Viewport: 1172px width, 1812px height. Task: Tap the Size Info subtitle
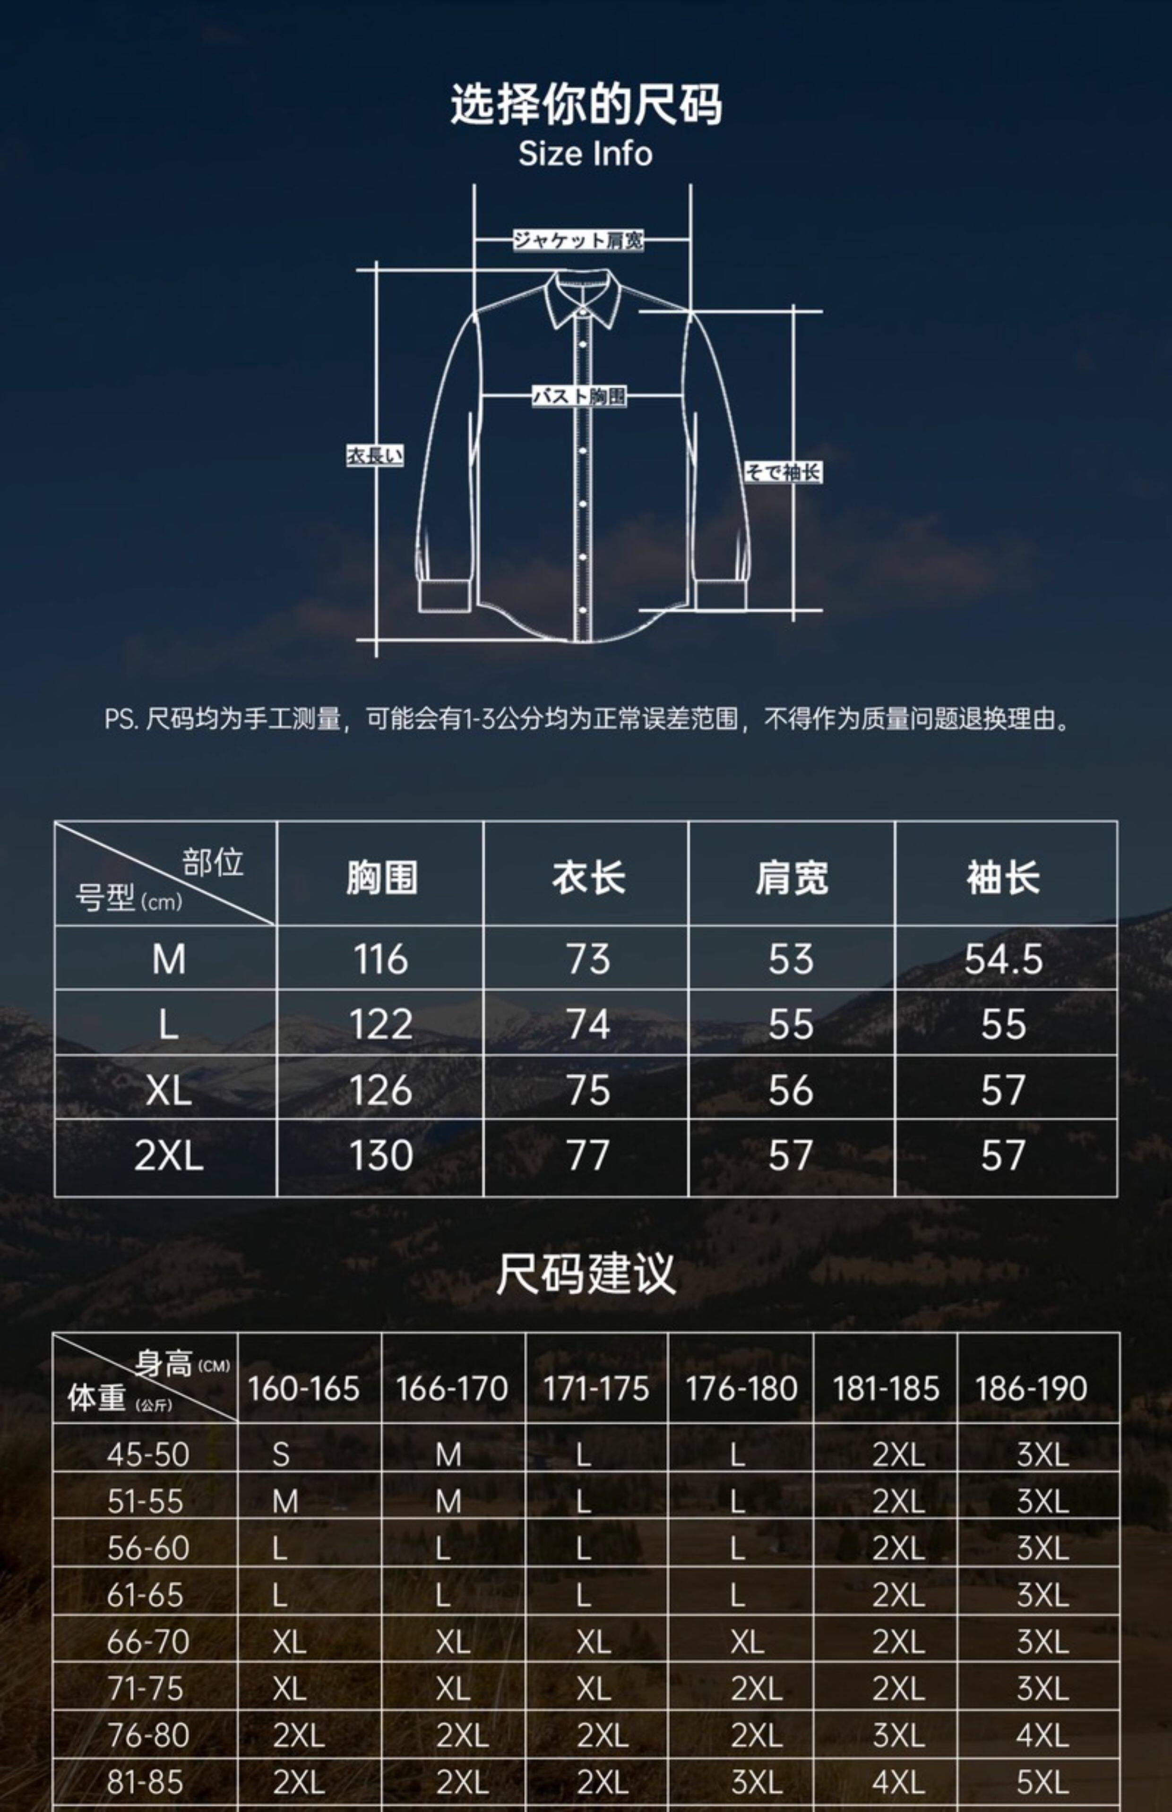coord(585,154)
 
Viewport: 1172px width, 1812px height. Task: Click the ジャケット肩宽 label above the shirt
coord(577,240)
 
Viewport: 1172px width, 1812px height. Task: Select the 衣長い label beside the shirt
coord(374,456)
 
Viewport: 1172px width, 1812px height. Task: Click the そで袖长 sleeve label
coord(783,472)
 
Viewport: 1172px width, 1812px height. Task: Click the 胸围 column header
coord(381,877)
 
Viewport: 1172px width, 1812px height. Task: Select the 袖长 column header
coord(1003,877)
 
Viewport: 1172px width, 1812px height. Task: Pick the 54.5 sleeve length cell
coord(1003,959)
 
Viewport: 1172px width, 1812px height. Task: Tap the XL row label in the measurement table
coord(168,1091)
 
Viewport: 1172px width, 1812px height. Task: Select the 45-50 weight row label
coord(147,1454)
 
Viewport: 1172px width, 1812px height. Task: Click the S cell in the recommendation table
coord(281,1454)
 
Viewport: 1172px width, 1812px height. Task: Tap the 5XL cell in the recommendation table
coord(1042,1782)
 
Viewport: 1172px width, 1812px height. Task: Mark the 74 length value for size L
coord(588,1025)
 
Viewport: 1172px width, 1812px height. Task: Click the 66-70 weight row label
coord(147,1641)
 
